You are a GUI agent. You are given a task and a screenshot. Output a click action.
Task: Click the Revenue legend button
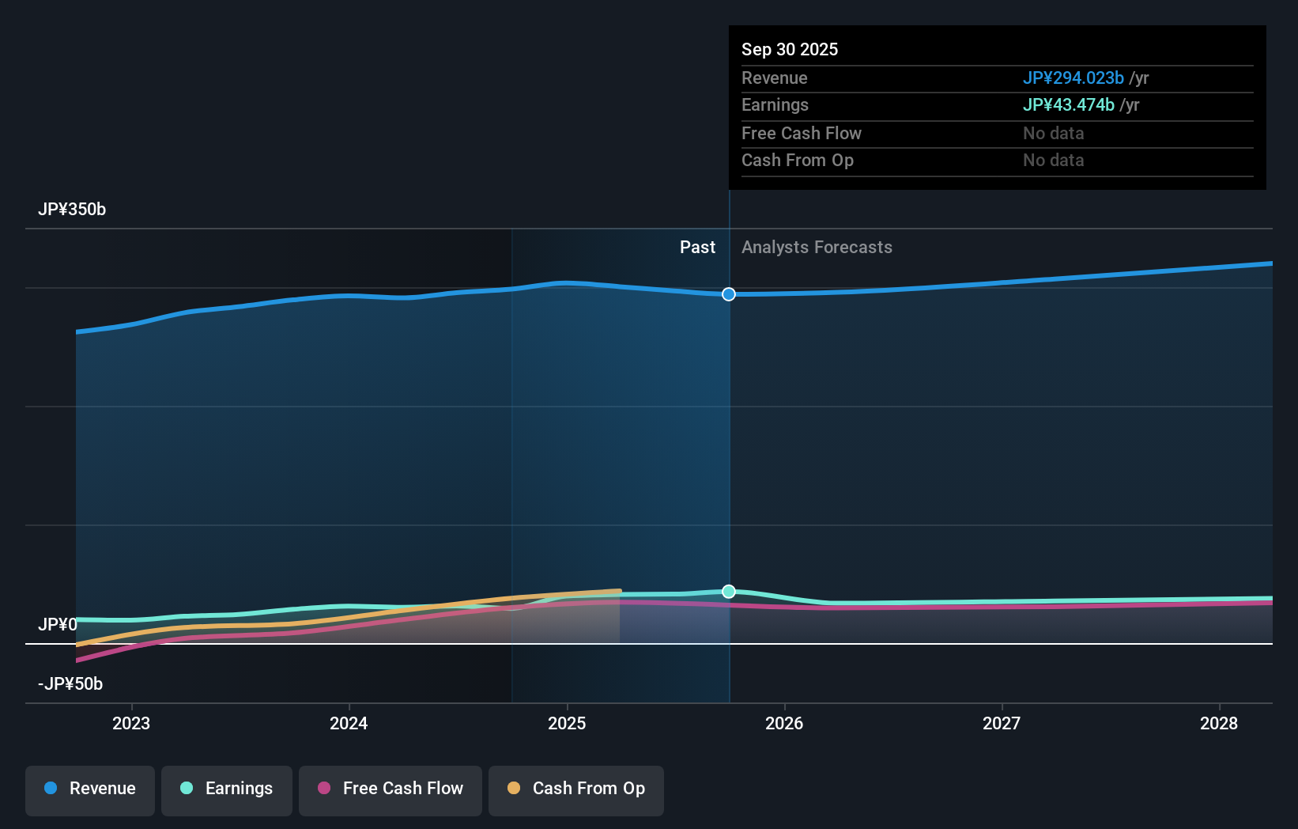point(90,789)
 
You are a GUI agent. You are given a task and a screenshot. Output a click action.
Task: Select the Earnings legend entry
point(227,789)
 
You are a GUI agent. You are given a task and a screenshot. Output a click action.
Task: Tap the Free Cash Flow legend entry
point(391,789)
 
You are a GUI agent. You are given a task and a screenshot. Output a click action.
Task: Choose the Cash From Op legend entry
point(576,789)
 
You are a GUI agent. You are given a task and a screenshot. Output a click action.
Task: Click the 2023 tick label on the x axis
point(131,723)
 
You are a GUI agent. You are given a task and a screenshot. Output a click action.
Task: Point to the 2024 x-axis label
point(349,723)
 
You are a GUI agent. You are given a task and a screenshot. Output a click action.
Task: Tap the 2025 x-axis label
point(567,723)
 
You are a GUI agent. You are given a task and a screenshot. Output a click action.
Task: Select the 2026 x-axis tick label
point(784,723)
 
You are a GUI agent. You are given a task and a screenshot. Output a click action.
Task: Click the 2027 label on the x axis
point(1002,723)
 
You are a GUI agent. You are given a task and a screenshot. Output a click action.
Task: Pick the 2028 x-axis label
point(1219,723)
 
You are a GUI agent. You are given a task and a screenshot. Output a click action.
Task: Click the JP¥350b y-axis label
point(72,210)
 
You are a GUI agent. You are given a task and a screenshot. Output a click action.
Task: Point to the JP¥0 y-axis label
point(58,625)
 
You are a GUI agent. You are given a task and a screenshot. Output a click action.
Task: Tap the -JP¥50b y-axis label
point(70,684)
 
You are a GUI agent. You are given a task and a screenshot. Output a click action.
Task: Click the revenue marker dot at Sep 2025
point(729,294)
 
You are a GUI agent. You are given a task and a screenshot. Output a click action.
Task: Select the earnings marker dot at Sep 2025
point(729,592)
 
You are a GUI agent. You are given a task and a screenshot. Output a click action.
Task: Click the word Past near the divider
point(697,248)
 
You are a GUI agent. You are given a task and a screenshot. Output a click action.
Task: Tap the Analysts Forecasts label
point(817,248)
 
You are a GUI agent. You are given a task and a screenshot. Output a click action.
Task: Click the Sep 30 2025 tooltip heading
point(790,50)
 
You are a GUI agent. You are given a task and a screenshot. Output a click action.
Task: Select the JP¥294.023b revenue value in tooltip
point(1073,78)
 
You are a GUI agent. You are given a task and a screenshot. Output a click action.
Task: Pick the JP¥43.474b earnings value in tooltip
point(1068,105)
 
